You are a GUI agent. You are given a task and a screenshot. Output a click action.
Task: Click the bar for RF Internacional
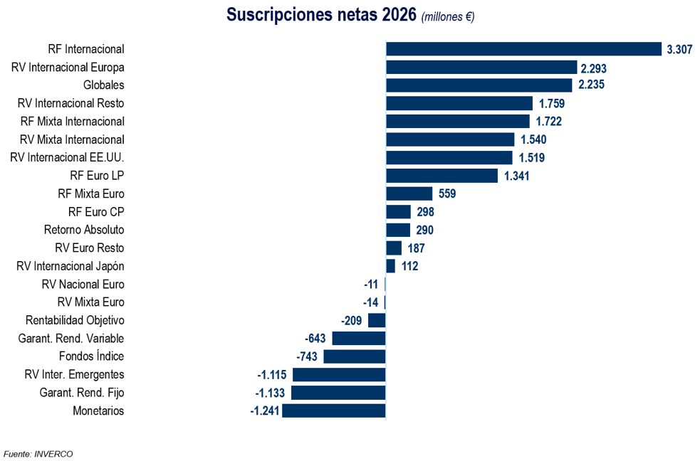(523, 49)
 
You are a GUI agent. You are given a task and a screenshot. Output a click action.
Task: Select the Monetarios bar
(334, 410)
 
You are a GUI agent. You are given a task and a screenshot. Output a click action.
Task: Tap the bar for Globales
(479, 85)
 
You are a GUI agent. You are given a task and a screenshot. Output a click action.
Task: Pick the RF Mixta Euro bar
(409, 194)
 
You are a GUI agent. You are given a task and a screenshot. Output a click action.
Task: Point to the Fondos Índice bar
(355, 356)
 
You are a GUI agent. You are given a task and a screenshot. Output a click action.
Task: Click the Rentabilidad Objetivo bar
(377, 320)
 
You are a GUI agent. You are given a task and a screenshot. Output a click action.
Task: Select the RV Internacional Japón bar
(391, 266)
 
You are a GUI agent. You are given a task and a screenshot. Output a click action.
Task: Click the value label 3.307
(679, 50)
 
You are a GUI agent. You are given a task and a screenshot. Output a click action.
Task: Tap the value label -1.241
(265, 410)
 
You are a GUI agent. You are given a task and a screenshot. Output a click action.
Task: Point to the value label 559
(447, 194)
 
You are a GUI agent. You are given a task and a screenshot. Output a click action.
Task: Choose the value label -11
(371, 285)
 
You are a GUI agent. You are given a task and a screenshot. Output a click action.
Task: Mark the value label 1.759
(552, 103)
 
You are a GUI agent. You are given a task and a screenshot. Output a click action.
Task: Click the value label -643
(315, 339)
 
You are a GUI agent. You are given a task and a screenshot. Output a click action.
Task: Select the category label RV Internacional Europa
(68, 68)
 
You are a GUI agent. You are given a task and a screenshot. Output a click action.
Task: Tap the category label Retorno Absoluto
(84, 230)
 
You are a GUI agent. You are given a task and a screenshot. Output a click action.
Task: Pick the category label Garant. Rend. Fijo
(82, 393)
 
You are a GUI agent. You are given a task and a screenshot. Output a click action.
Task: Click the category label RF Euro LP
(97, 176)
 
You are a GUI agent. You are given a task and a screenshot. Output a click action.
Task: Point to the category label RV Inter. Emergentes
(74, 374)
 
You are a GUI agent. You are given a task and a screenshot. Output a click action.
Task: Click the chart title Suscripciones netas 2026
(321, 14)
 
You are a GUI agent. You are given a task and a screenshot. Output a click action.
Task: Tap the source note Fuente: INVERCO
(38, 454)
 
